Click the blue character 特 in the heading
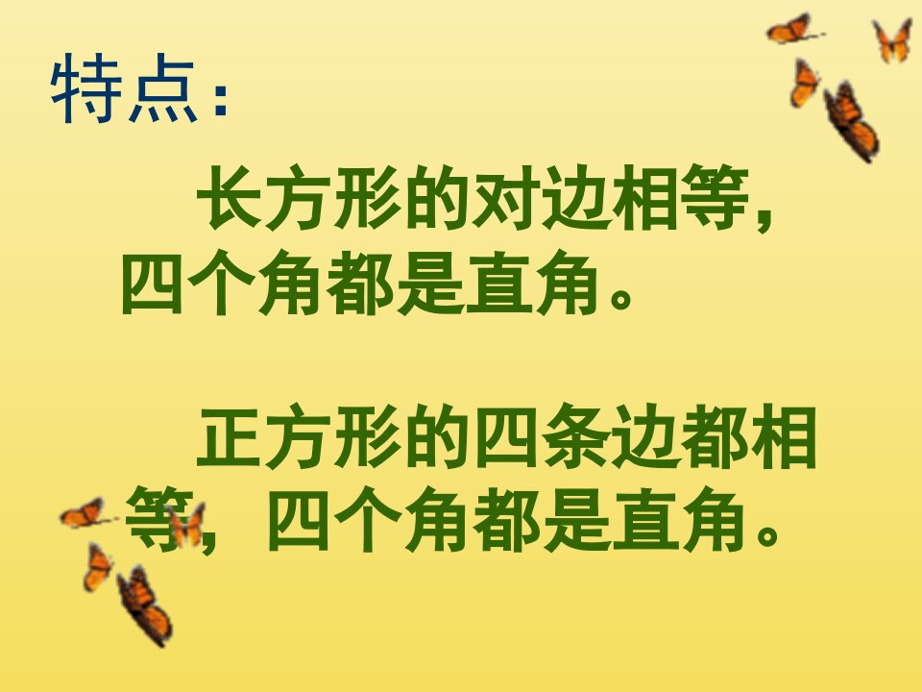[86, 88]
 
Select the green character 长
[230, 198]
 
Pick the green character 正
[230, 436]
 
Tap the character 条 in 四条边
[574, 436]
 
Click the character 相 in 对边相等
[645, 198]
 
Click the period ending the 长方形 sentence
[621, 297]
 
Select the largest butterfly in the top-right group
[851, 121]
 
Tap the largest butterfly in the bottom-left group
[144, 605]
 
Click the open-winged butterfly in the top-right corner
[892, 40]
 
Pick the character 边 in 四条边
[645, 436]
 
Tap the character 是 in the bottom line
[575, 519]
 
